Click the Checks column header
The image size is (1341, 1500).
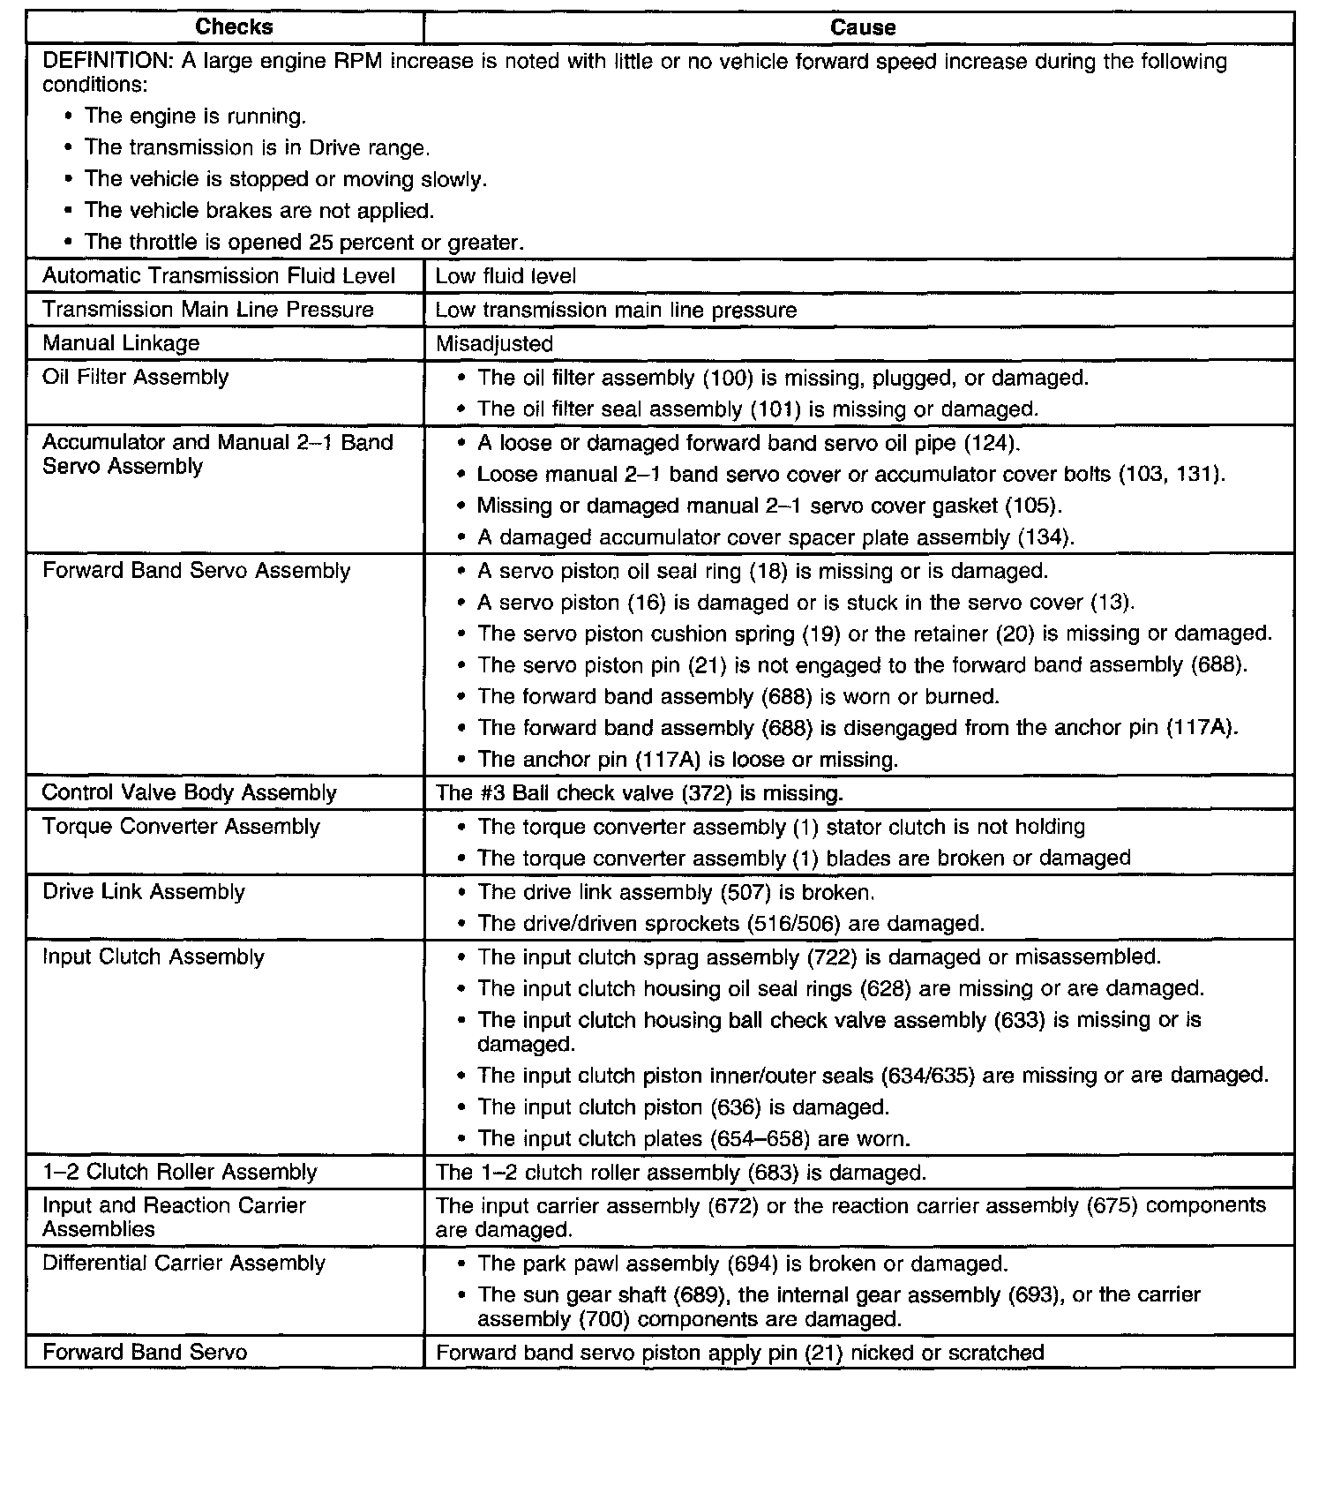(234, 27)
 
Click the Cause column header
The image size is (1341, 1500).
(862, 27)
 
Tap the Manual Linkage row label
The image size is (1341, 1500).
(121, 343)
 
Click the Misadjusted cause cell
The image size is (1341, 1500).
(494, 343)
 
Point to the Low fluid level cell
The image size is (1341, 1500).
(506, 276)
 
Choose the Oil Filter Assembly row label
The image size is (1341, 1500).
(135, 377)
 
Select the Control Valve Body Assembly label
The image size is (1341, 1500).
(189, 792)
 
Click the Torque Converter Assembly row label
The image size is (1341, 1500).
(181, 827)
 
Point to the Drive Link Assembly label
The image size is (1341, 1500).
(143, 891)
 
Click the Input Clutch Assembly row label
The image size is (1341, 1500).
(153, 956)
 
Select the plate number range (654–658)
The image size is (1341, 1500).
(760, 1139)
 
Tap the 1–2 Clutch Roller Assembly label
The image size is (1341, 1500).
(179, 1172)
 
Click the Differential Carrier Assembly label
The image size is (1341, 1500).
(184, 1263)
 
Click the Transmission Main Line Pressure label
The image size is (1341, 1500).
(207, 310)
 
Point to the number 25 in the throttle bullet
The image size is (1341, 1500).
(320, 242)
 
